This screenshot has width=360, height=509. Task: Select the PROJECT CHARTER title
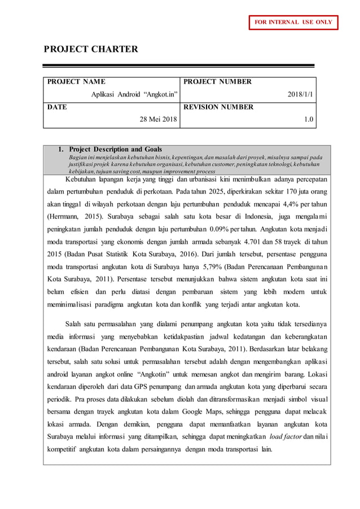pyautogui.click(x=91, y=49)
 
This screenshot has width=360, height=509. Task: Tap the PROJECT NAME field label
pyautogui.click(x=76, y=82)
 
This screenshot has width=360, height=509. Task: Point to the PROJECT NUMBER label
pyautogui.click(x=217, y=82)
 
